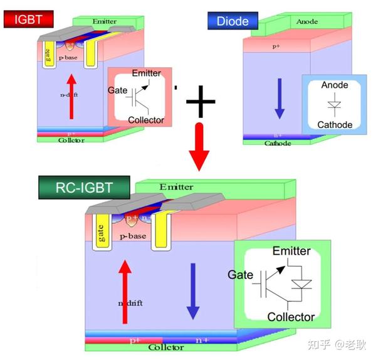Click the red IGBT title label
point(23,19)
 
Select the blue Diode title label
point(232,21)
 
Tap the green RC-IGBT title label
point(84,187)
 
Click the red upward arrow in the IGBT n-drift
point(71,96)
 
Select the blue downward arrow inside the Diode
point(279,98)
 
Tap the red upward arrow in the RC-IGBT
point(125,289)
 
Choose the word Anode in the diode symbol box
point(335,85)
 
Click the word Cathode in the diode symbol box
point(336,124)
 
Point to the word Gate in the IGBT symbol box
point(118,91)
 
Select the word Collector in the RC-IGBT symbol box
point(291,317)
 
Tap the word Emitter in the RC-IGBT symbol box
point(291,251)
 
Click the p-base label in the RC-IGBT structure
point(132,236)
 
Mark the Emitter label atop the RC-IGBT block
point(176,187)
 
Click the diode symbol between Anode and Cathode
point(336,105)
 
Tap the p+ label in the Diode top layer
point(276,46)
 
